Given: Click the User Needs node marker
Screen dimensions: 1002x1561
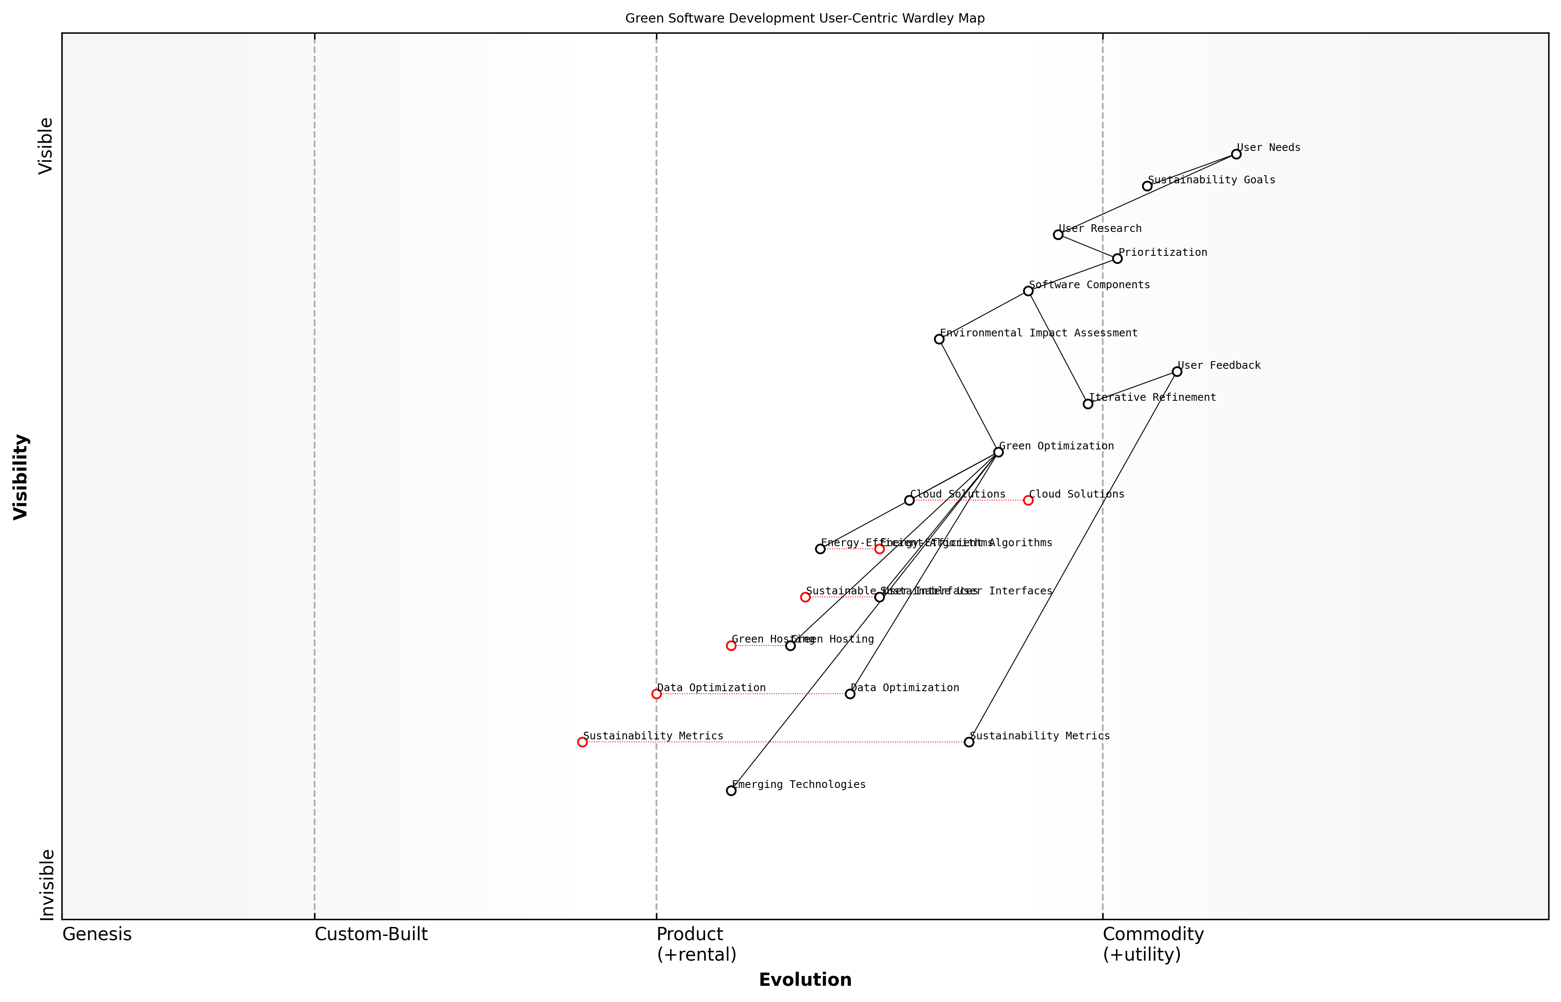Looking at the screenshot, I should click(x=1236, y=154).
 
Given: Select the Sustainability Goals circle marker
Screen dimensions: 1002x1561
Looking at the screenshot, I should click(x=1147, y=186).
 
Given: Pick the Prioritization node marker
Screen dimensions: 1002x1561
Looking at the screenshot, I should click(x=1117, y=259).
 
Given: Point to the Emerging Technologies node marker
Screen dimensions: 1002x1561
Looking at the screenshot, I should click(x=731, y=791).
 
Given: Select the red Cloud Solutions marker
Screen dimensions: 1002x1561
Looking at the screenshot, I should click(x=1028, y=500).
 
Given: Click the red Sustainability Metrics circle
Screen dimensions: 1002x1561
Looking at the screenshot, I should click(x=582, y=742).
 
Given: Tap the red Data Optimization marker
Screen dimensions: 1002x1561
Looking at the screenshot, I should click(x=656, y=694).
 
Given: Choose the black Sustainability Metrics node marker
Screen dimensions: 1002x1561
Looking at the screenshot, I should click(x=968, y=742).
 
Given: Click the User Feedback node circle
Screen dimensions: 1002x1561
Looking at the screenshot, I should click(x=1177, y=371).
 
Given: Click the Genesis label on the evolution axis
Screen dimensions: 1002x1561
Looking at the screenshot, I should click(x=97, y=934).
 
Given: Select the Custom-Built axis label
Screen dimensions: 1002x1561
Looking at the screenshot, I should click(x=371, y=934).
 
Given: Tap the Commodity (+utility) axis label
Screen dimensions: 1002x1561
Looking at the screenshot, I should click(x=1153, y=944).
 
